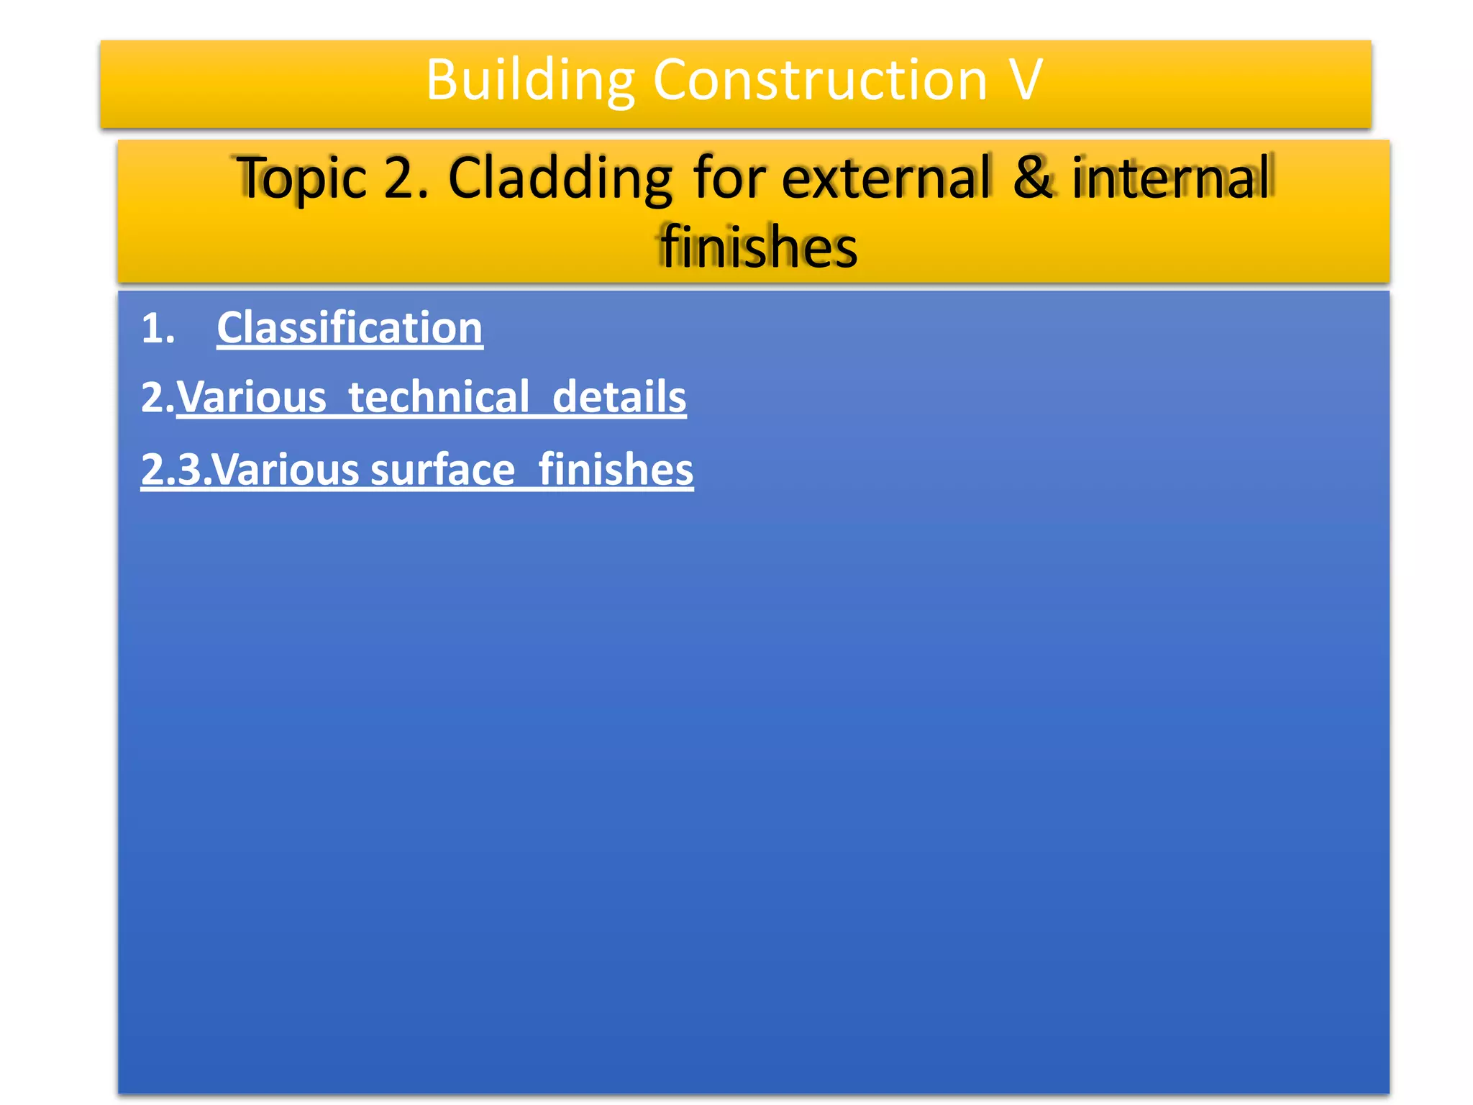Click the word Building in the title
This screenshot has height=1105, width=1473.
point(529,81)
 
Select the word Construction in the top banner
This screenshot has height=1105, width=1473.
point(819,81)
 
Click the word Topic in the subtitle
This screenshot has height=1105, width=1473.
point(302,178)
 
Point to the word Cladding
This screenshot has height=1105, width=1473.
point(560,178)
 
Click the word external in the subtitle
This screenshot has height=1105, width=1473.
point(885,178)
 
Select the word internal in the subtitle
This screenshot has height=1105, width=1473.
point(1172,178)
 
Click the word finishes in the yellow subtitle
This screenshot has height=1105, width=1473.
point(759,247)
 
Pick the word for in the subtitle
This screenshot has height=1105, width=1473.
point(728,178)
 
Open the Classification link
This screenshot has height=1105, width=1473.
point(350,328)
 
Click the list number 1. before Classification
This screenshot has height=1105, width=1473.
point(158,329)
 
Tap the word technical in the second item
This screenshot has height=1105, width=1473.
point(439,397)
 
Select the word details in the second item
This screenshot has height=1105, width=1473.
point(619,397)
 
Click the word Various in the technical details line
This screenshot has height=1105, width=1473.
point(252,397)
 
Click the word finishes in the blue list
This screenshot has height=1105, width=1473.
point(616,470)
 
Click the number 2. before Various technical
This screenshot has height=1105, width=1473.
point(157,398)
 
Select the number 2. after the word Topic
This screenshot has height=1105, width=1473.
point(405,178)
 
